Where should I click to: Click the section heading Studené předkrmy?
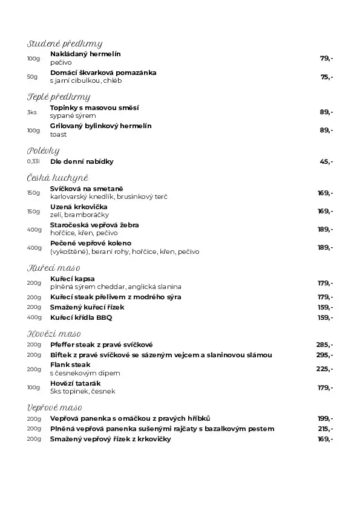(65, 44)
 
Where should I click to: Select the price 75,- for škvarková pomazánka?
(327, 77)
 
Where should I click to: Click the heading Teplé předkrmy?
(59, 97)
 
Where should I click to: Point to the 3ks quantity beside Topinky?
(31, 112)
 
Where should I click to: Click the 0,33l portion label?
(33, 162)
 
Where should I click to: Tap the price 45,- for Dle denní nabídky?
(327, 162)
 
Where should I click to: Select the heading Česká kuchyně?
(57, 178)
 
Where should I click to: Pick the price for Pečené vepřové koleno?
(325, 247)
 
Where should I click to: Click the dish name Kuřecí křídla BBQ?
(81, 317)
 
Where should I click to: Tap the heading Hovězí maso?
(54, 334)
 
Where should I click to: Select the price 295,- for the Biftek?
(324, 355)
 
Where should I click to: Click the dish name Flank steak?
(70, 365)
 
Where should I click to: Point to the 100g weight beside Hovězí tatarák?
(33, 387)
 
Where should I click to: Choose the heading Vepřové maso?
(54, 407)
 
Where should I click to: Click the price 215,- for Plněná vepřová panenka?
(325, 429)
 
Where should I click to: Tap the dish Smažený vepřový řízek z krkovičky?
(111, 439)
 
